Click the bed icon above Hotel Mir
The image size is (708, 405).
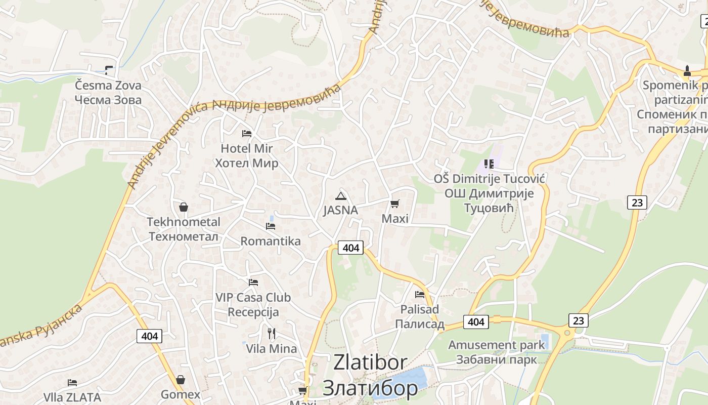click(247, 134)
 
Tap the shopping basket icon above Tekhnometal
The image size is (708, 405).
click(184, 207)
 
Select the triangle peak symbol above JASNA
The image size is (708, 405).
click(340, 196)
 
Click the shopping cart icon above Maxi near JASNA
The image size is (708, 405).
click(395, 204)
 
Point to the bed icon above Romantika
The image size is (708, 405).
click(271, 226)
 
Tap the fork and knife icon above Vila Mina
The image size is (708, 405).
click(272, 333)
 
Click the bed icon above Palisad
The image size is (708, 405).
click(419, 294)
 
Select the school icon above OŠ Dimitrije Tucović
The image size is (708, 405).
click(489, 164)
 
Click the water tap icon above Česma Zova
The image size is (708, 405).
click(109, 70)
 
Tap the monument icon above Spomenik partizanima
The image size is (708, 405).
click(687, 70)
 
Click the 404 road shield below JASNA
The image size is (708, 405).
click(350, 248)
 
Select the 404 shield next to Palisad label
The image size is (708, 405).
click(476, 321)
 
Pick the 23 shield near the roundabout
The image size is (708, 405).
click(578, 320)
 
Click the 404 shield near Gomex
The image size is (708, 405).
click(150, 336)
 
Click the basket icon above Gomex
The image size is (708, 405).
click(181, 380)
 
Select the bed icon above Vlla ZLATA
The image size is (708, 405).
click(72, 382)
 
